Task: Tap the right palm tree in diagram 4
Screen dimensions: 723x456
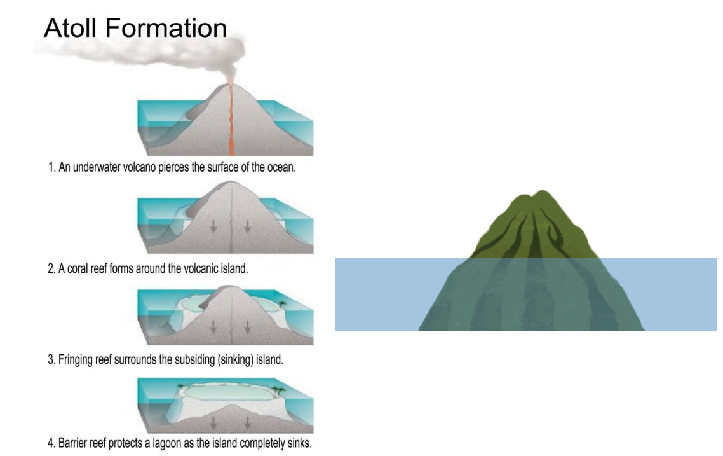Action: tap(278, 387)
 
